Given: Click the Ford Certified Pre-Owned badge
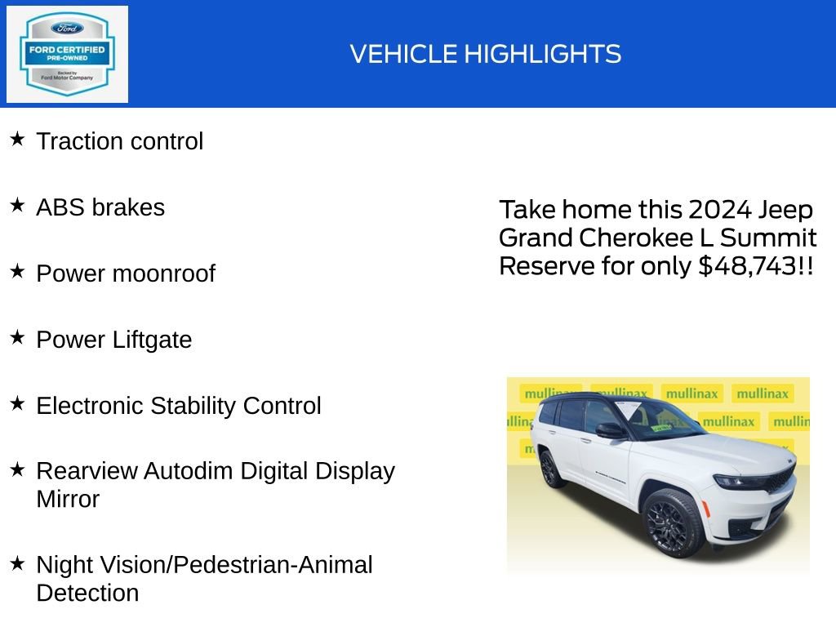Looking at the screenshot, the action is pos(67,54).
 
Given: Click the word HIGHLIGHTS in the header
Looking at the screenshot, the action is pos(543,55).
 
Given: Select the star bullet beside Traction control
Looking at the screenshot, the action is pos(18,140).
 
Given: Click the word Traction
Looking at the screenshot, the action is pos(80,141).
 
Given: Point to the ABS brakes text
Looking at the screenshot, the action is pos(100,207).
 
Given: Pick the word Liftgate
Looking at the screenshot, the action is pos(152,340).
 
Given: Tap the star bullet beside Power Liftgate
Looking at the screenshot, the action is pos(18,337).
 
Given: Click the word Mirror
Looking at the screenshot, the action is pos(68,500).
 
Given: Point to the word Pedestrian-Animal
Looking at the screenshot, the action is pos(273,565).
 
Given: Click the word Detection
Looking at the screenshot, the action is pos(87,594).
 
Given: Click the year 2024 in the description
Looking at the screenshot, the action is pos(720,210).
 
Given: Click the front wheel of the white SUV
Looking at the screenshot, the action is pos(674,523).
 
